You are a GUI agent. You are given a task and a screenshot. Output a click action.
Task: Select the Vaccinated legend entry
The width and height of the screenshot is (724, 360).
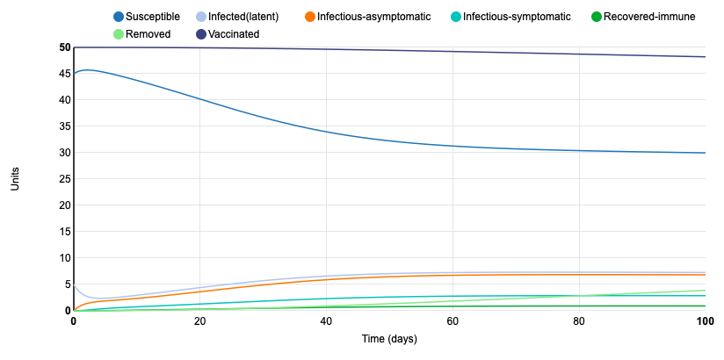tap(234, 34)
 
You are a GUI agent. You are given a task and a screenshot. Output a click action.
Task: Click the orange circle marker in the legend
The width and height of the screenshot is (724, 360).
tap(310, 17)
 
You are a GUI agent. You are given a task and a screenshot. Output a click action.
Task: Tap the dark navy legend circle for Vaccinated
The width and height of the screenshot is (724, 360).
tap(201, 34)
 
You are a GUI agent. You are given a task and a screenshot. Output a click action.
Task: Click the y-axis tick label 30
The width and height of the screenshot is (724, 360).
tap(63, 153)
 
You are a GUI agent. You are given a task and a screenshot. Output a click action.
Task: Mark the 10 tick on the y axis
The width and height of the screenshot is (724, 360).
tap(63, 258)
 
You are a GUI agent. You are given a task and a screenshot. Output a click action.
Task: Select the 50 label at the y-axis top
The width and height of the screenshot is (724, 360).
tap(63, 47)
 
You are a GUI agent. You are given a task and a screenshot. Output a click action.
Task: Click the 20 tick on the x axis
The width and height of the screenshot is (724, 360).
tap(199, 321)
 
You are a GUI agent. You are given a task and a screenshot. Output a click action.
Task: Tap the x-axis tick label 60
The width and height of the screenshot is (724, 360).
tap(452, 321)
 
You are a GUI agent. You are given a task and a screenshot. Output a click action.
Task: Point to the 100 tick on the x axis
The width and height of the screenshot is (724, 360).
tap(705, 321)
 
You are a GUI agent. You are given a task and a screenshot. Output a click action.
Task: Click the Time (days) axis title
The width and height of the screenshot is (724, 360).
tap(389, 339)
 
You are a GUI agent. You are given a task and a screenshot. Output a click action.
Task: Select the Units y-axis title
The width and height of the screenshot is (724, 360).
tap(15, 179)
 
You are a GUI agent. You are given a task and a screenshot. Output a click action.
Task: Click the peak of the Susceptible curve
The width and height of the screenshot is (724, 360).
tap(86, 70)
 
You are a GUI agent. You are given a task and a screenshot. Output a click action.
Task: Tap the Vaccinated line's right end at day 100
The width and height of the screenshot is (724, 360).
tap(705, 57)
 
